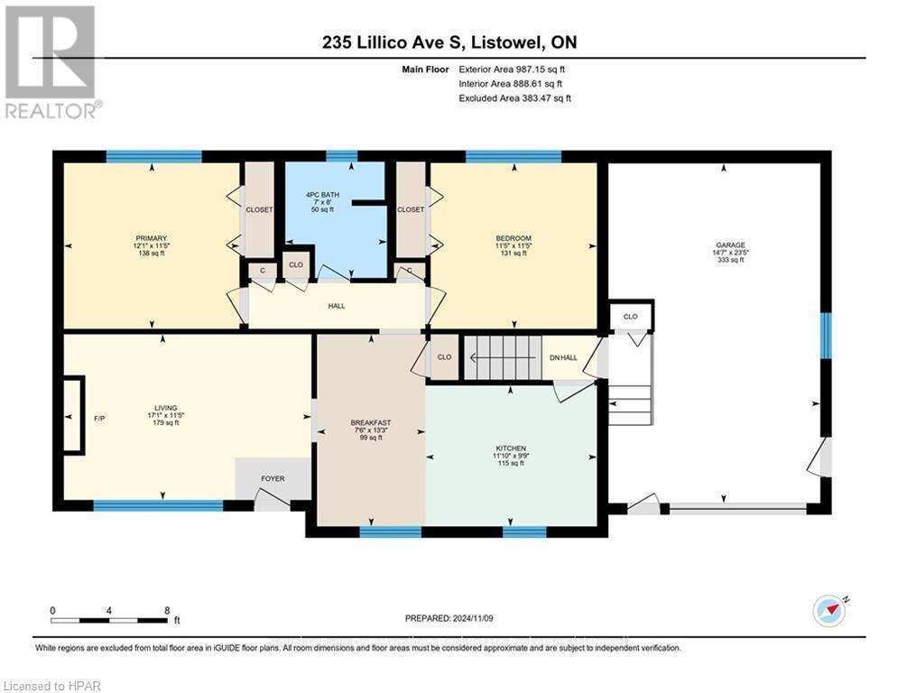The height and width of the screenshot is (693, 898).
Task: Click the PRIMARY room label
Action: pos(151,238)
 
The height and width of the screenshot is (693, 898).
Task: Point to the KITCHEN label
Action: pos(510,448)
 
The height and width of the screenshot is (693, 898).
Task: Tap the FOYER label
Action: pos(273,478)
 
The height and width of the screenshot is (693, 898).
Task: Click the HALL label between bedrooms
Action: pos(337,306)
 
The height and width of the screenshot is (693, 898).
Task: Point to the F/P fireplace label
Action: pos(99,419)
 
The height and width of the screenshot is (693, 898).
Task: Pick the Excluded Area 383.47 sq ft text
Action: pos(514,97)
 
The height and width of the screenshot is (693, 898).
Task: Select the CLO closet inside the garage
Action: pos(630,317)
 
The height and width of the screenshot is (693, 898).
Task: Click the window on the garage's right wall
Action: pos(824,335)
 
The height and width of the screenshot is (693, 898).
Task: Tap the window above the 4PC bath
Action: pos(341,156)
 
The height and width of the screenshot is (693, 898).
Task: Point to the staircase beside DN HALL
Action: pos(501,357)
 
